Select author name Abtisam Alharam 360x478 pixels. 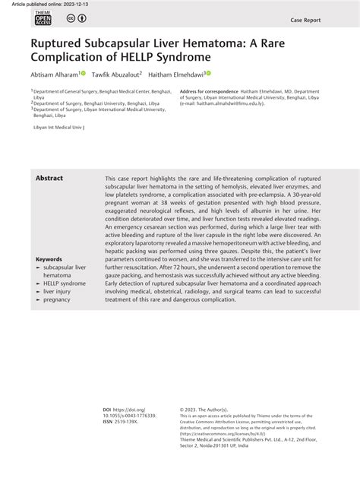pos(54,74)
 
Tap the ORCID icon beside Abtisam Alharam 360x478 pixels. pos(84,73)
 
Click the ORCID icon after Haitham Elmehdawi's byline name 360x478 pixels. pos(207,73)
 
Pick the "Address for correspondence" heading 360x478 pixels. pos(209,90)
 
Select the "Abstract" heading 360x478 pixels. pos(49,178)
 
